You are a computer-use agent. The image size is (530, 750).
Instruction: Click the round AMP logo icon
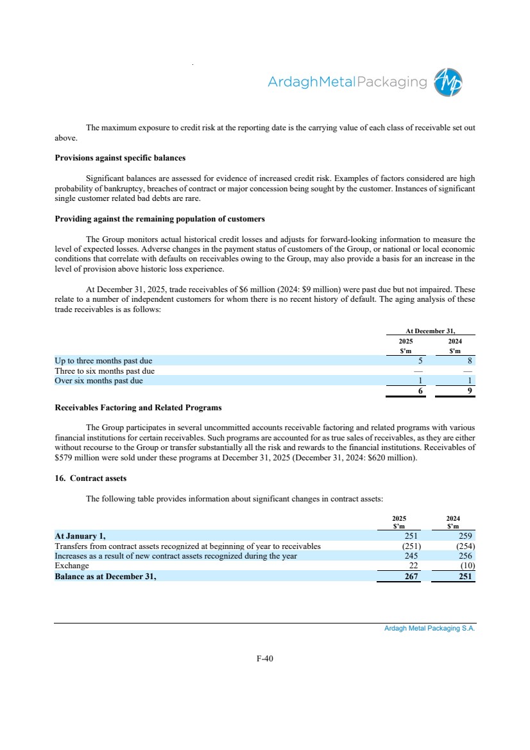coord(449,82)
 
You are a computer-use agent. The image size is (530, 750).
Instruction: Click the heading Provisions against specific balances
coord(120,157)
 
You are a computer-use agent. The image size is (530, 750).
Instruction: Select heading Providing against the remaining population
coord(160,219)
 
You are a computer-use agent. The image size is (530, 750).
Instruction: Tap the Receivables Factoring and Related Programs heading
coord(138,407)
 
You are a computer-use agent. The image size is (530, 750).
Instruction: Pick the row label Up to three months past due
coord(103,361)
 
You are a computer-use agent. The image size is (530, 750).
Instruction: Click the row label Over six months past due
coord(99,381)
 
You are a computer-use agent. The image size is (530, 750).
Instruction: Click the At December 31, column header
coord(431,330)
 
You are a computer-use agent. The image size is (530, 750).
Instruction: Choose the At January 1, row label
coord(80,536)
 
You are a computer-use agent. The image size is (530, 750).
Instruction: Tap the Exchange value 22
coord(413,566)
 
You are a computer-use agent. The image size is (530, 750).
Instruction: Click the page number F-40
coord(264,658)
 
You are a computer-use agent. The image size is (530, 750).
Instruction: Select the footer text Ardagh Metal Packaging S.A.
coord(429,629)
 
